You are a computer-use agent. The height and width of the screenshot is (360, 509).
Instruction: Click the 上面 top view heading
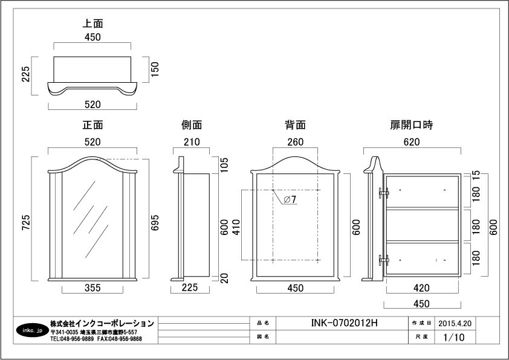[x=93, y=24]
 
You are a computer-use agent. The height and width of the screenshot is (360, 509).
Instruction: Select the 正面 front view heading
[x=93, y=125]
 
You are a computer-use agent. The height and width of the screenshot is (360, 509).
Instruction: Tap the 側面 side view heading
[x=192, y=125]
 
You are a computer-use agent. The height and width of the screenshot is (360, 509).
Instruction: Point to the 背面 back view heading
[x=295, y=125]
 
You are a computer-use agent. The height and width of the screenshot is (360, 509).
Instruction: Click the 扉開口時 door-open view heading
[x=412, y=125]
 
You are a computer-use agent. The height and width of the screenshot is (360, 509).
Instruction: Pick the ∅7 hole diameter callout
[x=290, y=201]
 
